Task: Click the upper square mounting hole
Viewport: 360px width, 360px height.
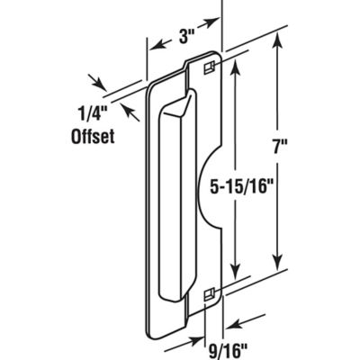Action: [208, 67]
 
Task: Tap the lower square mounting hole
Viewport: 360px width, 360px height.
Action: [208, 292]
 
